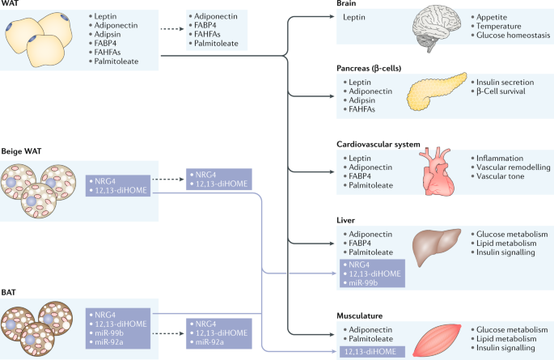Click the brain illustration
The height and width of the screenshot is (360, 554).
click(x=437, y=28)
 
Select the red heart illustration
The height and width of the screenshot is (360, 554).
click(x=437, y=172)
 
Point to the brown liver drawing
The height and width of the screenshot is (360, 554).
click(x=437, y=246)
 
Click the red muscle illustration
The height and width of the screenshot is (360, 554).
click(x=437, y=341)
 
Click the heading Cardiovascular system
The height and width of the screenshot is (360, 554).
click(x=378, y=144)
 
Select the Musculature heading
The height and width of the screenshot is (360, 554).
click(x=359, y=316)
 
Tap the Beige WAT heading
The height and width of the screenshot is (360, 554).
click(x=21, y=151)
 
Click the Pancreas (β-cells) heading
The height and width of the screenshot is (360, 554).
click(x=369, y=68)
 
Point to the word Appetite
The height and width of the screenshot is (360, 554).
click(x=492, y=17)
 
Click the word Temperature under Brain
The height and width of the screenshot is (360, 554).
click(x=498, y=26)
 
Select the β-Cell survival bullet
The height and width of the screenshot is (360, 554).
click(x=501, y=91)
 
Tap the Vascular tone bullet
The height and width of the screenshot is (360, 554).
click(x=500, y=176)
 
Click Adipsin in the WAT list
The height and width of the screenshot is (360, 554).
click(x=108, y=34)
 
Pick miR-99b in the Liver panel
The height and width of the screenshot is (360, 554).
click(x=363, y=282)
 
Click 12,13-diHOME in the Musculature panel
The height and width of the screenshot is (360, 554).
click(x=370, y=352)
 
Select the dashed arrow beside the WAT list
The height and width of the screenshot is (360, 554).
click(x=172, y=29)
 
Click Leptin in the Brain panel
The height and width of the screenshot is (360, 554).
click(x=354, y=17)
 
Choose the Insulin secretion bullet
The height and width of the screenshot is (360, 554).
click(x=505, y=82)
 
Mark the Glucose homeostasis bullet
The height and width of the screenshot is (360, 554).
click(x=513, y=35)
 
